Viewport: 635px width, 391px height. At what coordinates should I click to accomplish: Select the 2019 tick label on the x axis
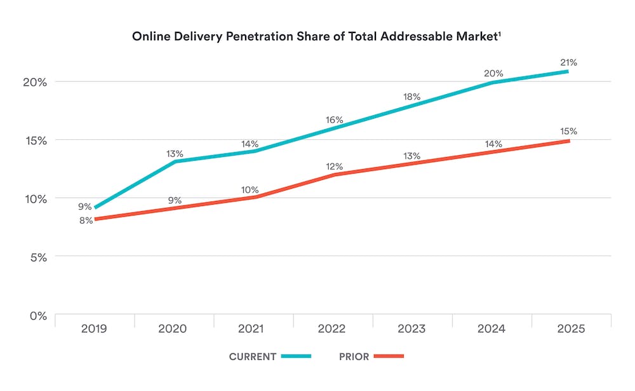pos(94,329)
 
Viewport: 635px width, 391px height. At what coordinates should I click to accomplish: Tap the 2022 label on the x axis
pos(332,329)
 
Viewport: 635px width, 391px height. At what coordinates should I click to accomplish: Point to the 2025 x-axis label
pos(570,329)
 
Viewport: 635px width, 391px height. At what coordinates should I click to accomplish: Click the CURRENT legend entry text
pos(253,357)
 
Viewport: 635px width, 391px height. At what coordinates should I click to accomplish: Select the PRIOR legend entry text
pos(354,357)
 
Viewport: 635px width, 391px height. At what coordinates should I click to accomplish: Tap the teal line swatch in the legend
pos(296,357)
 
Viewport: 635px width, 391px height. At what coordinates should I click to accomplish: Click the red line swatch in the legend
pos(389,357)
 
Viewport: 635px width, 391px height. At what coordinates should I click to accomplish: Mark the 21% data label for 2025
pos(568,62)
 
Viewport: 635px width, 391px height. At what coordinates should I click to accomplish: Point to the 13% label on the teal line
pos(175,153)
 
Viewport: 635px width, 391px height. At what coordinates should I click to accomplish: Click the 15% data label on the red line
pos(568,132)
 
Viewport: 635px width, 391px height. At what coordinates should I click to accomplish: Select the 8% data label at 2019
pos(86,221)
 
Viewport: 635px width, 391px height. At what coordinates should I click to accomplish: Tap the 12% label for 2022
pos(335,167)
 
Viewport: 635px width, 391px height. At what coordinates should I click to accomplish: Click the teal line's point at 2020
pos(173,161)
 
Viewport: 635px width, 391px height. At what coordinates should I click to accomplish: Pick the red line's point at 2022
pos(332,175)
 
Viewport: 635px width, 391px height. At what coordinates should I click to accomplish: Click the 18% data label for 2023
pos(411,97)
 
